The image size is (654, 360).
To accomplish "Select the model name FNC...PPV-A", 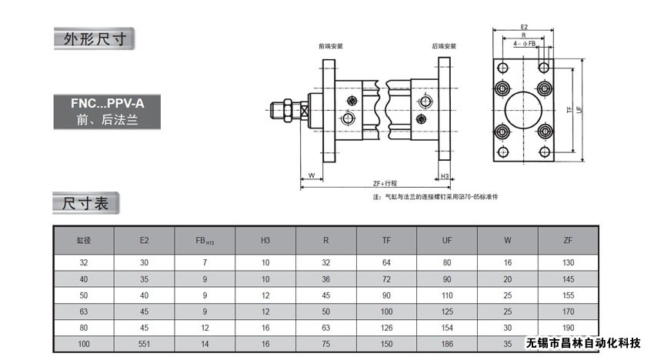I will [x=98, y=103].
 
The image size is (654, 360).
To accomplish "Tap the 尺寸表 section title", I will [x=85, y=205].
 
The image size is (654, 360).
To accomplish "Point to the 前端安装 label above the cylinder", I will [x=331, y=46].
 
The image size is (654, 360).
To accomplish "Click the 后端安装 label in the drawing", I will [x=444, y=46].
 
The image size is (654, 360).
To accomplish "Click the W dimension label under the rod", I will [x=311, y=175].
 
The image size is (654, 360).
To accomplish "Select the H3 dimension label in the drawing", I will [x=445, y=175].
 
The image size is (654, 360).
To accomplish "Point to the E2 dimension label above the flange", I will [x=523, y=25].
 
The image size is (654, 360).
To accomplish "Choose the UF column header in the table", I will [x=446, y=240].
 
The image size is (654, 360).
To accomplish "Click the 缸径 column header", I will [x=83, y=240].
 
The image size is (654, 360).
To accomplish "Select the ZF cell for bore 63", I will [x=568, y=312].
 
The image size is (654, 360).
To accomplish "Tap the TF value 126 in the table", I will [x=386, y=328].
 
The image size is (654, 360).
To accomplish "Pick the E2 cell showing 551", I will [x=144, y=343].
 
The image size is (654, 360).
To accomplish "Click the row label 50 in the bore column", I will [x=83, y=295].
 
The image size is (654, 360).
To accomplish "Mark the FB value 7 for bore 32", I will [x=205, y=263].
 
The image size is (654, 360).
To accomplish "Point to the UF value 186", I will [x=446, y=343].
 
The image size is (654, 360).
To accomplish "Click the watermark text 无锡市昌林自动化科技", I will [x=583, y=343].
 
